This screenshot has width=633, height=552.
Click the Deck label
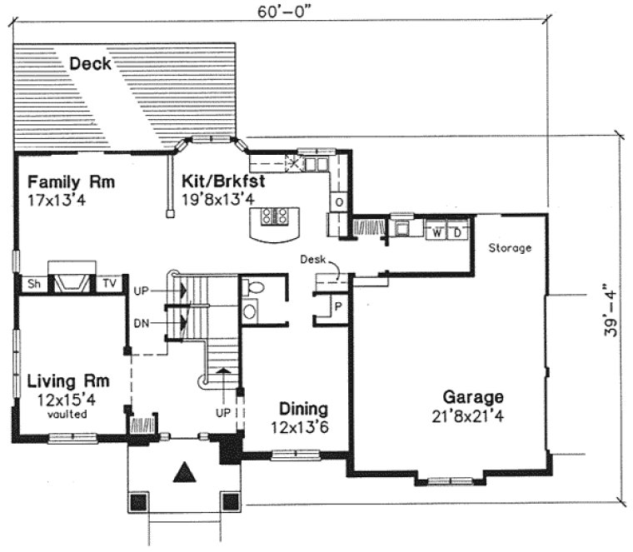(x=91, y=63)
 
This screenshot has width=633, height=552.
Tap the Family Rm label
(x=70, y=182)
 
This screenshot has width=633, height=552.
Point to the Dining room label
(x=302, y=410)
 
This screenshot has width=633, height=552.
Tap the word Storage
(x=510, y=248)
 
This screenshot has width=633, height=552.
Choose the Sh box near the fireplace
(x=33, y=284)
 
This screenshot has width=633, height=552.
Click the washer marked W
(x=436, y=231)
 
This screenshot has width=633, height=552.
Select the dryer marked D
(x=457, y=231)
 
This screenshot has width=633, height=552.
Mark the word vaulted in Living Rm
(x=67, y=414)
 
